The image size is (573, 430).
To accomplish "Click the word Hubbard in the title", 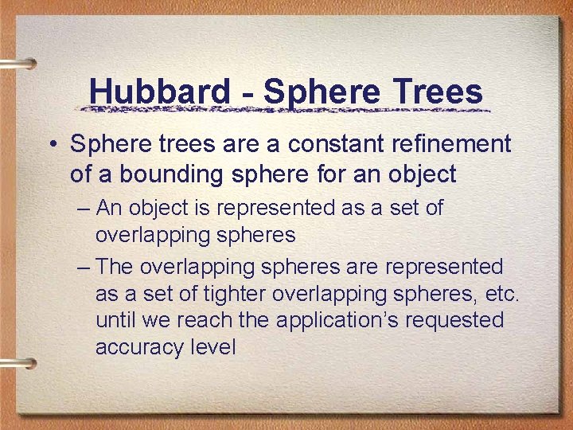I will pos(159,91).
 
